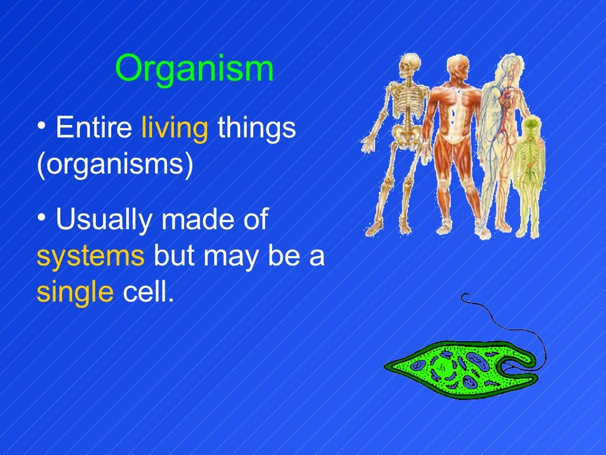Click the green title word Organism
(194, 69)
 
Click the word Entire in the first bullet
(94, 129)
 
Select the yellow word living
(175, 130)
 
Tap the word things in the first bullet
(256, 130)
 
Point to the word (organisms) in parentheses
(115, 166)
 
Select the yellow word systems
(91, 257)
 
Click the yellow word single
(75, 293)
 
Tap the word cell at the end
(148, 292)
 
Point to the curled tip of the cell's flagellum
(465, 297)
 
